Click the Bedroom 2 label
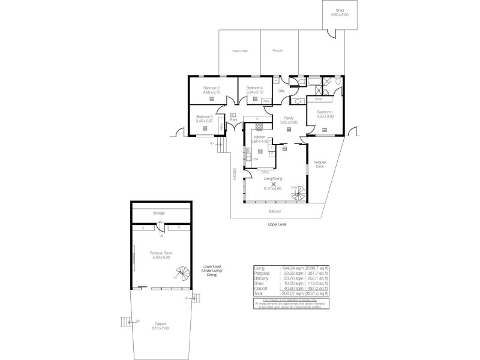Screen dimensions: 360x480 click(x=211, y=89)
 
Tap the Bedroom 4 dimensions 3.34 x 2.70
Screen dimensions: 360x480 click(x=255, y=92)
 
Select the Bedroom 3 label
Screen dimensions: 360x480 click(x=204, y=116)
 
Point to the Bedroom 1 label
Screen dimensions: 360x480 click(x=325, y=112)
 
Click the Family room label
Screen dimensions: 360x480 click(x=289, y=118)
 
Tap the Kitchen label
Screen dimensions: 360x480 click(x=260, y=137)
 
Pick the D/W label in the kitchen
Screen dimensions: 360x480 click(x=255, y=159)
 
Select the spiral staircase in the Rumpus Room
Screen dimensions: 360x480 click(x=179, y=274)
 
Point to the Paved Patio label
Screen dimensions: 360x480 click(x=240, y=52)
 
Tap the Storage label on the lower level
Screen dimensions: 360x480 click(x=158, y=213)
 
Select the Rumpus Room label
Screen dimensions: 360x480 click(x=161, y=253)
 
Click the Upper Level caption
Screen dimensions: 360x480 click(x=277, y=224)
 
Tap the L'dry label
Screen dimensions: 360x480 click(x=280, y=91)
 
